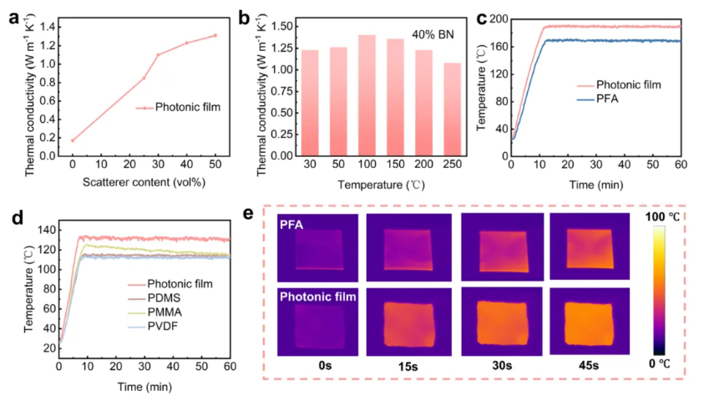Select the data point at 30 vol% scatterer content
pyautogui.click(x=159, y=54)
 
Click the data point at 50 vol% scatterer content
pyautogui.click(x=215, y=35)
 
